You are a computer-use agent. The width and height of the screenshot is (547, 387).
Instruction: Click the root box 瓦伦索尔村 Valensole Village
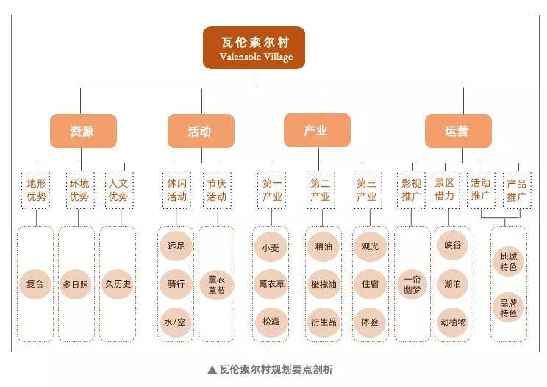coord(254,48)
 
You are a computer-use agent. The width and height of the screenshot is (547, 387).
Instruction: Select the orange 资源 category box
coord(82,131)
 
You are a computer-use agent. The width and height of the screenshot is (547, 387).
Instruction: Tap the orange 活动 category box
coord(200,131)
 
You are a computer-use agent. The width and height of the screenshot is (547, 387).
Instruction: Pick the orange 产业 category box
coord(316,131)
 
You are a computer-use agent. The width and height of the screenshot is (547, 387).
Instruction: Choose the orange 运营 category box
coord(457,131)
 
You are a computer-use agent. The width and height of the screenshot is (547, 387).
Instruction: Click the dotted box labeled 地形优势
coord(35,189)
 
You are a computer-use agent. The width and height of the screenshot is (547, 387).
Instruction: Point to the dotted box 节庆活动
coord(216,189)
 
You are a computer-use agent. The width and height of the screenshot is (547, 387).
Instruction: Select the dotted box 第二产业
coord(320,189)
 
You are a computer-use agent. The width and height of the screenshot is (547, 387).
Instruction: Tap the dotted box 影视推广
coord(411,189)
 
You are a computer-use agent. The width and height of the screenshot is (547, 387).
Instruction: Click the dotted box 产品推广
coord(517,189)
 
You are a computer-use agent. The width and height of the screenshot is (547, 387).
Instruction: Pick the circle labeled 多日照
coord(76,283)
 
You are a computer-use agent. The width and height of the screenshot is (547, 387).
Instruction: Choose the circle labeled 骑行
coord(176,283)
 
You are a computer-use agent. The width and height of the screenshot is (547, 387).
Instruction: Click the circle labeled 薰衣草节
coord(216,283)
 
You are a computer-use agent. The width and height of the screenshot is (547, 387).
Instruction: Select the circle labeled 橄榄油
coord(323,284)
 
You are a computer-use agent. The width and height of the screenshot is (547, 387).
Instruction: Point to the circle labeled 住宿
coord(370,284)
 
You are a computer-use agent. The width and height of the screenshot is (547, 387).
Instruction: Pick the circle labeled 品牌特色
coord(509,308)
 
